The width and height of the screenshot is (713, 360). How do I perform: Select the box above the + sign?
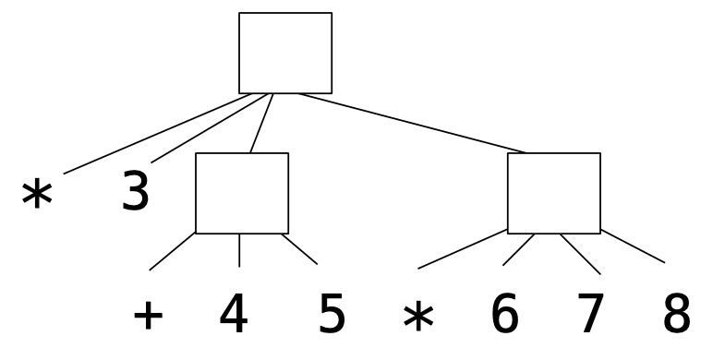click(x=241, y=192)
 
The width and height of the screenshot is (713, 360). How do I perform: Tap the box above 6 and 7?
click(x=553, y=192)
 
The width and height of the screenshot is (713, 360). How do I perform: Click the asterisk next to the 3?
click(x=36, y=197)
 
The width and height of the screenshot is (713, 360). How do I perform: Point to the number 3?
click(x=136, y=192)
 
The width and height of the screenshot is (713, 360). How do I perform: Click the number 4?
click(x=234, y=316)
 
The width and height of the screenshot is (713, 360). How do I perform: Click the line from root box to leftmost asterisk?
click(x=155, y=132)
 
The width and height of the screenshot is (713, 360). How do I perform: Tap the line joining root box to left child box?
click(x=261, y=122)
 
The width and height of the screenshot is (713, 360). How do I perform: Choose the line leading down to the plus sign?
click(x=173, y=250)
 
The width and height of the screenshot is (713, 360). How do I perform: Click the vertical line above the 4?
click(x=240, y=249)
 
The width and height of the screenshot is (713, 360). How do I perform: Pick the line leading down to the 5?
click(x=299, y=248)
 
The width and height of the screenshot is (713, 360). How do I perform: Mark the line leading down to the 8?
click(x=632, y=245)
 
